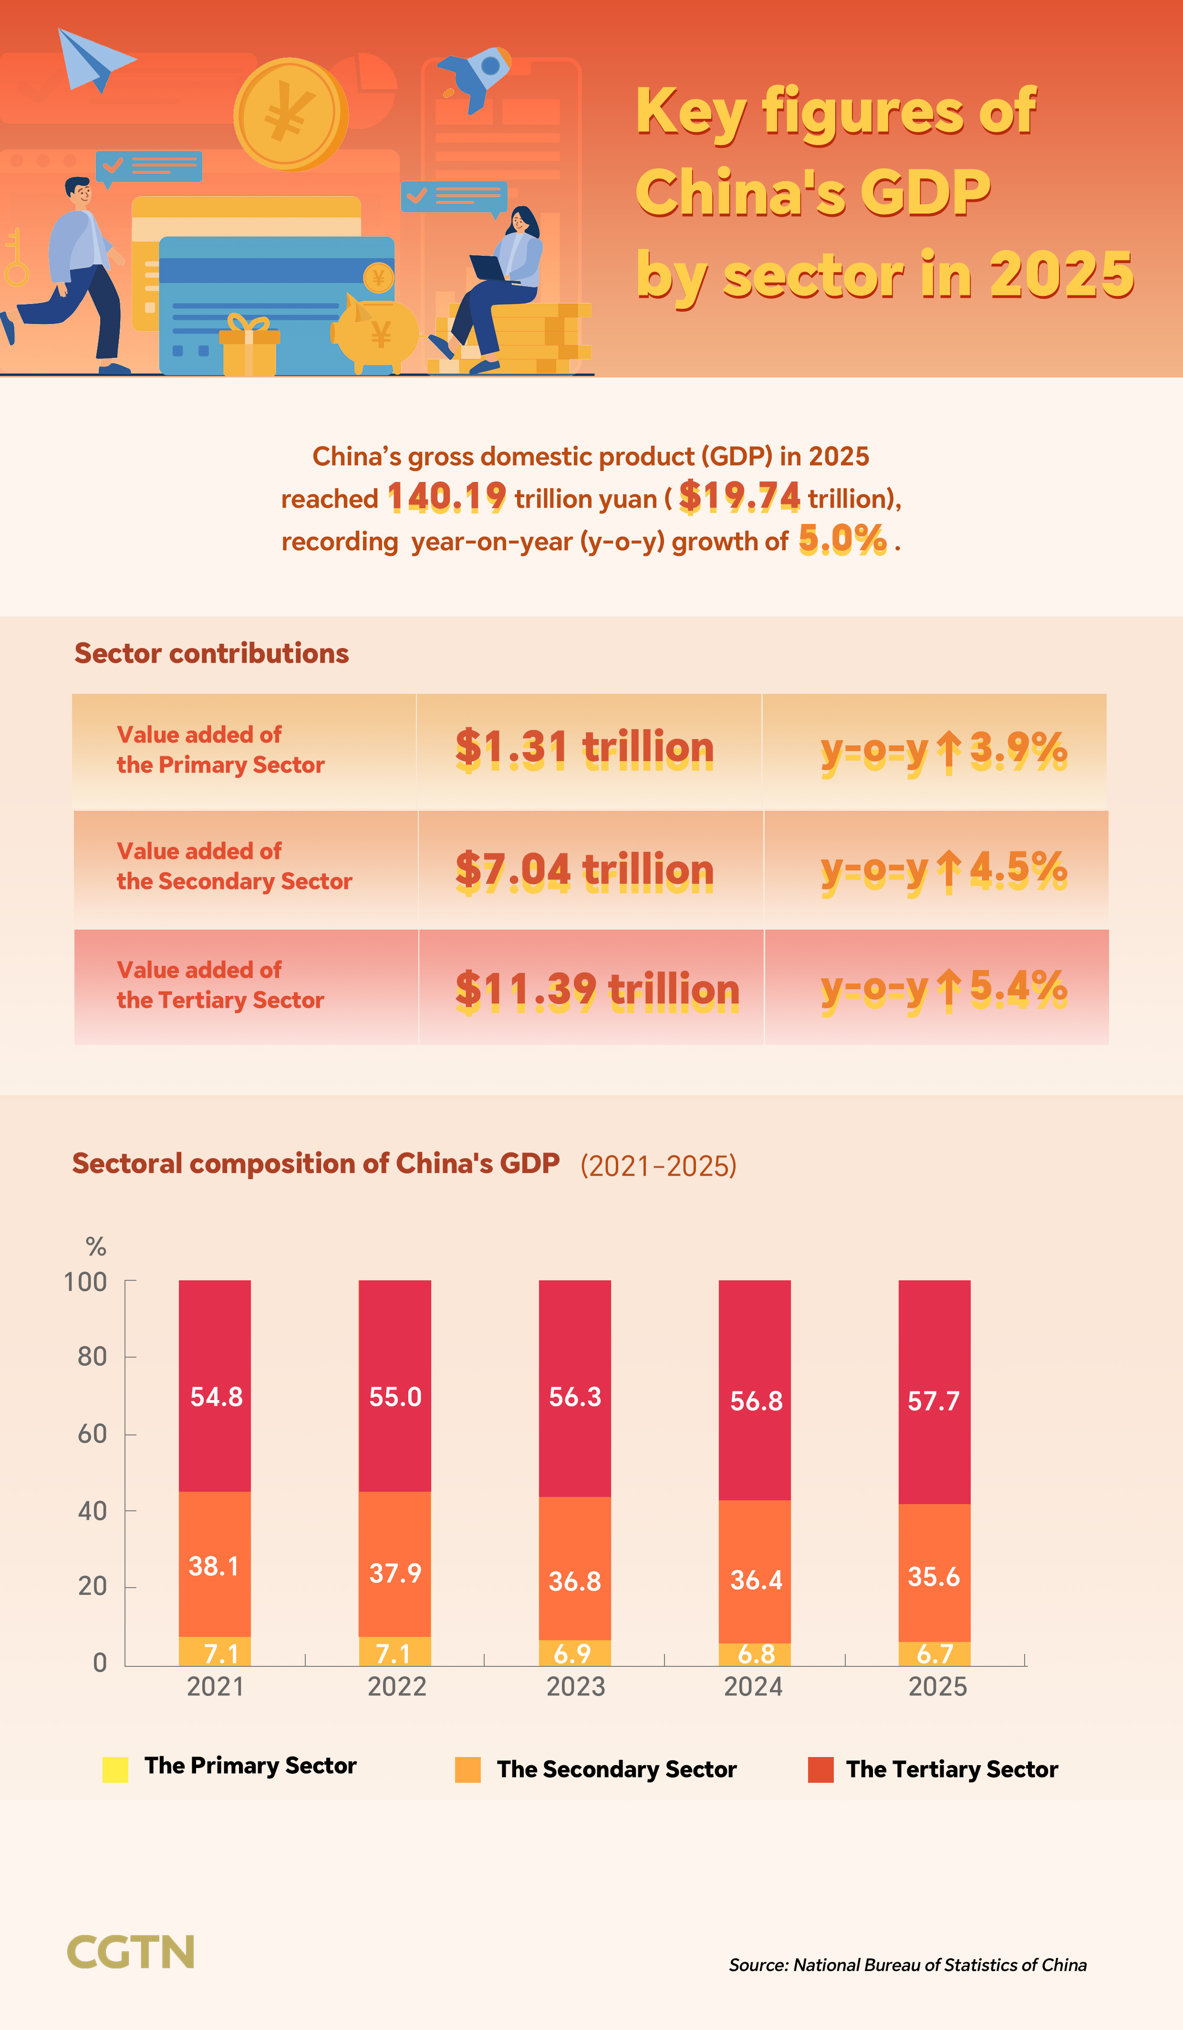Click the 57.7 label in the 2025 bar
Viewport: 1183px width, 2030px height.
[934, 1401]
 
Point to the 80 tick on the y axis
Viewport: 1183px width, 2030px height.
[93, 1357]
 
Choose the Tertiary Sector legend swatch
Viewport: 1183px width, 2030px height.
[820, 1770]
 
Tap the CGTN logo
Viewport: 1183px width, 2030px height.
[130, 1952]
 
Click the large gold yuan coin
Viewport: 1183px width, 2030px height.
[290, 115]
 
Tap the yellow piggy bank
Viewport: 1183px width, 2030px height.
[375, 335]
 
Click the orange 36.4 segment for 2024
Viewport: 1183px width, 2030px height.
[756, 1579]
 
